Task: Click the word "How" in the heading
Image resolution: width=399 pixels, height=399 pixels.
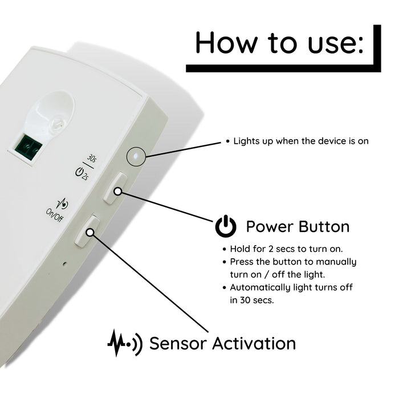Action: coord(226,42)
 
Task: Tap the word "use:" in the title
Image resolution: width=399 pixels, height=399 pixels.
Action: coord(336,43)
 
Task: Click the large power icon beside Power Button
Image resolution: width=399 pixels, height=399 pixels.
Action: coord(226,226)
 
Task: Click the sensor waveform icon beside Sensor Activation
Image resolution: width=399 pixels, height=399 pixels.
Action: coord(125,343)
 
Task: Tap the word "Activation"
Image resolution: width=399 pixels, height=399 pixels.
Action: coord(254,344)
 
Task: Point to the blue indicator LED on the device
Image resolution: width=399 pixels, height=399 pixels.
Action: coord(136,156)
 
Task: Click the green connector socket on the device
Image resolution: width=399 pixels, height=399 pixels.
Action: coord(28,147)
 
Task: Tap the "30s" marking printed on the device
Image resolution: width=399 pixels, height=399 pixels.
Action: coord(92,158)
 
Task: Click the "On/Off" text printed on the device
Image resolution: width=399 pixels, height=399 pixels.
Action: coord(55,215)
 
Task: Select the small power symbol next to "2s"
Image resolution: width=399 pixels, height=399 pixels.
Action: coord(79,172)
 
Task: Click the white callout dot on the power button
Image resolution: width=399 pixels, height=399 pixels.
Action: coord(118,192)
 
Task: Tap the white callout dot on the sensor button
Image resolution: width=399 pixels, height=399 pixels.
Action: coord(89,232)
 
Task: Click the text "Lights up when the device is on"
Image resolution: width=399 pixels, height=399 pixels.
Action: coord(301,141)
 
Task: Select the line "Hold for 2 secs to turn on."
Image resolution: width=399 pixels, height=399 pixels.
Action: coord(286,249)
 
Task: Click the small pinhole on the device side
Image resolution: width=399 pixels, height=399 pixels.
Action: coord(64,263)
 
